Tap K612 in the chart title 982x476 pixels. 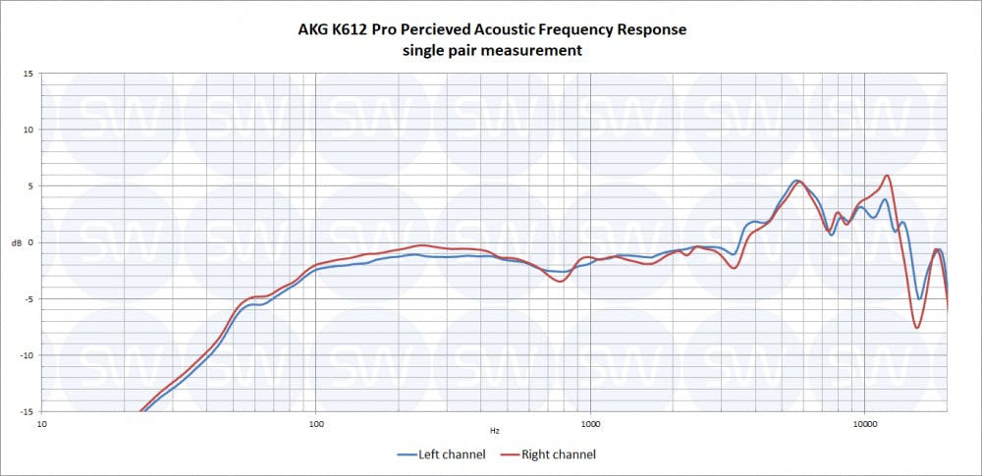pyautogui.click(x=357, y=29)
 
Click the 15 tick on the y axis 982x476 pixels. pyautogui.click(x=27, y=74)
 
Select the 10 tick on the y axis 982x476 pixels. pyautogui.click(x=27, y=130)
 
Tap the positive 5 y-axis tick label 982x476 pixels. pyautogui.click(x=29, y=185)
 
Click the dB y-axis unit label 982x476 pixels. pyautogui.click(x=14, y=242)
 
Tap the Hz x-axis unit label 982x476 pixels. pyautogui.click(x=495, y=430)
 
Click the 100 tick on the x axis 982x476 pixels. pyautogui.click(x=316, y=425)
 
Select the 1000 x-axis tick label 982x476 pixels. pyautogui.click(x=590, y=425)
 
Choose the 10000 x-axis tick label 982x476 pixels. pyautogui.click(x=864, y=425)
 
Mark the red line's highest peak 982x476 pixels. pyautogui.click(x=887, y=176)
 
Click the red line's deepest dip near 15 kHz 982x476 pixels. pyautogui.click(x=917, y=327)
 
